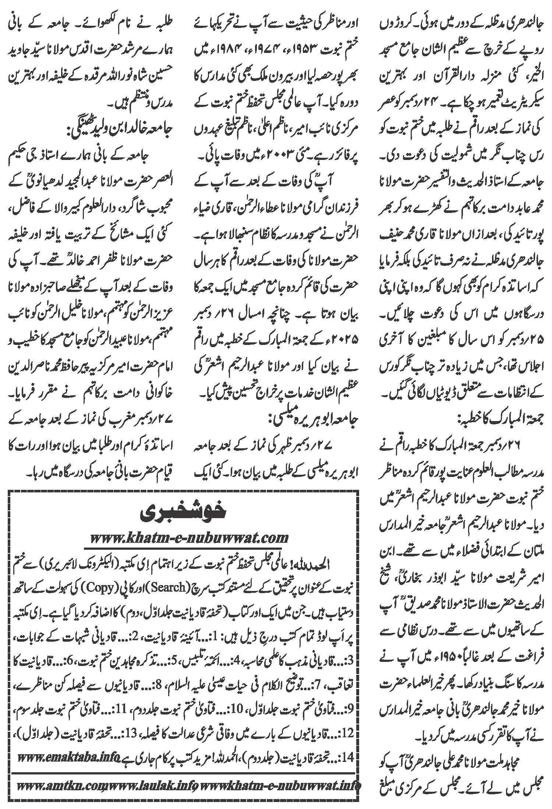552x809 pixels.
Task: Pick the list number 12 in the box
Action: [x=348, y=760]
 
